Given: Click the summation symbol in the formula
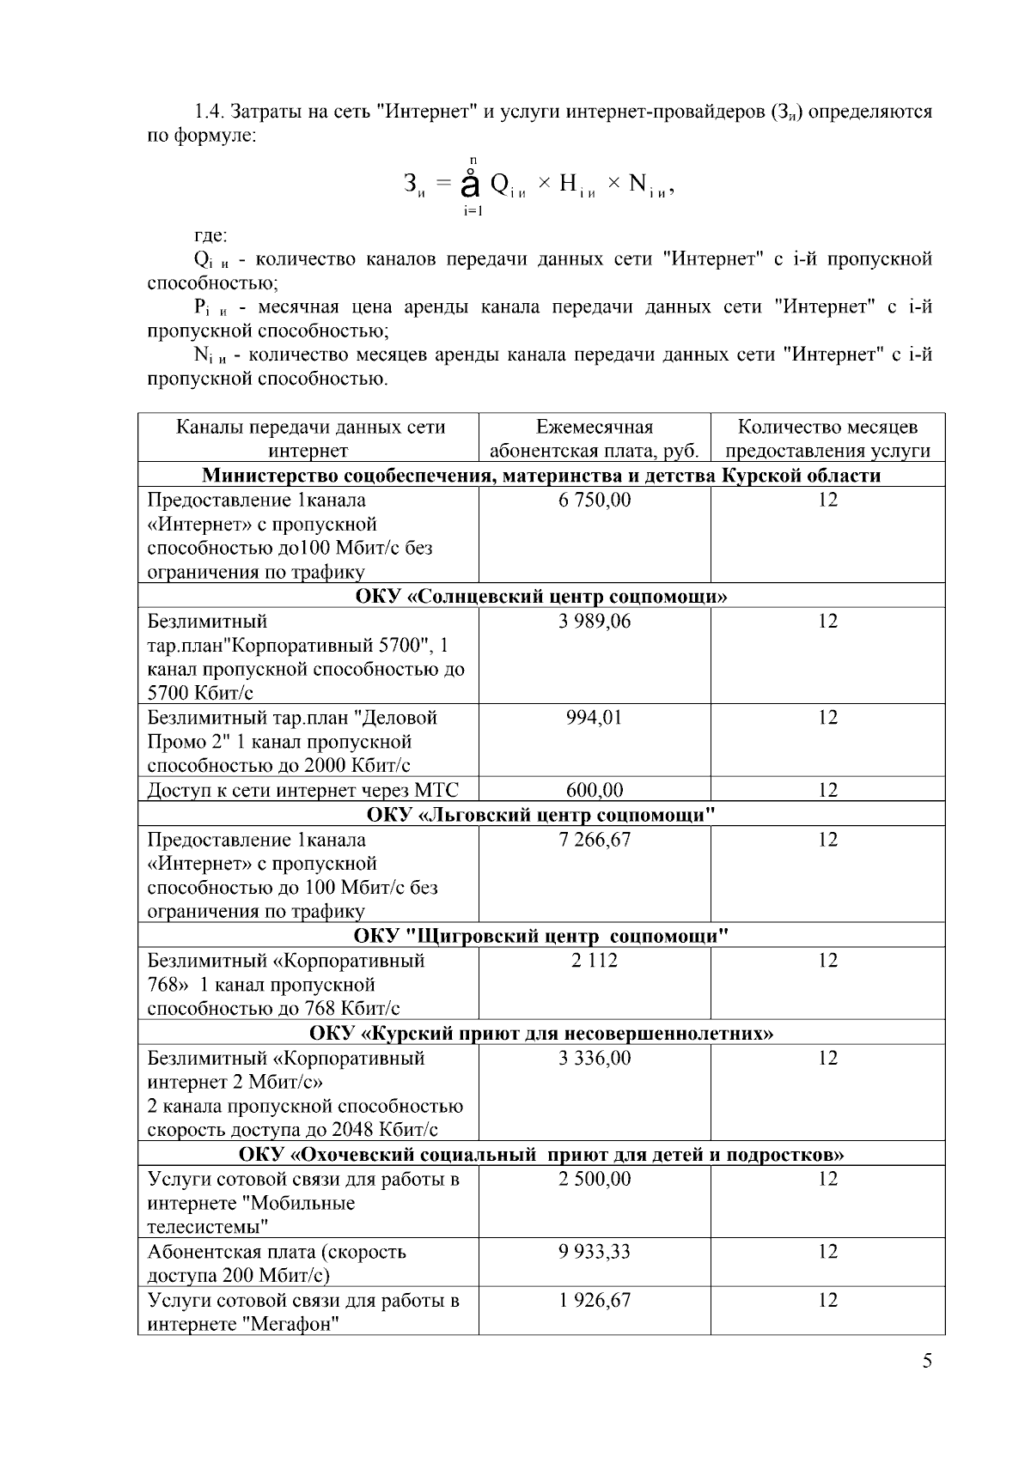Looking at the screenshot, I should pyautogui.click(x=470, y=184).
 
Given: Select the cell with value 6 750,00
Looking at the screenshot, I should pyautogui.click(x=595, y=500).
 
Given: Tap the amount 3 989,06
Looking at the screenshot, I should pyautogui.click(x=595, y=621).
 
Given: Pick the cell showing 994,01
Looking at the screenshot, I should pyautogui.click(x=594, y=717).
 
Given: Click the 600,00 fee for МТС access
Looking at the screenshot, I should pyautogui.click(x=595, y=789).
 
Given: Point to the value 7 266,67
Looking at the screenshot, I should pyautogui.click(x=595, y=839).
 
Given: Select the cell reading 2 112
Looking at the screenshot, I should pyautogui.click(x=595, y=960).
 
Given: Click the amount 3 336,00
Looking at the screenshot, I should pyautogui.click(x=595, y=1058).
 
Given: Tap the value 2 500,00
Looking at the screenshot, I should pyautogui.click(x=595, y=1179).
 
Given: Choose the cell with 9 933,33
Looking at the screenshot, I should pyautogui.click(x=595, y=1251).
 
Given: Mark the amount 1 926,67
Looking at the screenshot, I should pyautogui.click(x=595, y=1300).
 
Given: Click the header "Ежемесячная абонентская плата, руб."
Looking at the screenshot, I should pyautogui.click(x=595, y=439).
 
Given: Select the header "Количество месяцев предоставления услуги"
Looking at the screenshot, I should pyautogui.click(x=827, y=439).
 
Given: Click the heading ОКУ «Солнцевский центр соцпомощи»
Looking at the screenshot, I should pyautogui.click(x=541, y=596).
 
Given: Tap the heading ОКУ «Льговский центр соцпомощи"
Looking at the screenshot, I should pyautogui.click(x=541, y=814).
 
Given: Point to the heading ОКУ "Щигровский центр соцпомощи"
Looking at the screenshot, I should pyautogui.click(x=541, y=935).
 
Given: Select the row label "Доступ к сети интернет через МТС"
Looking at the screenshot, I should pyautogui.click(x=302, y=790).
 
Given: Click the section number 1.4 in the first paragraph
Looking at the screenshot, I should pyautogui.click(x=208, y=112).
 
